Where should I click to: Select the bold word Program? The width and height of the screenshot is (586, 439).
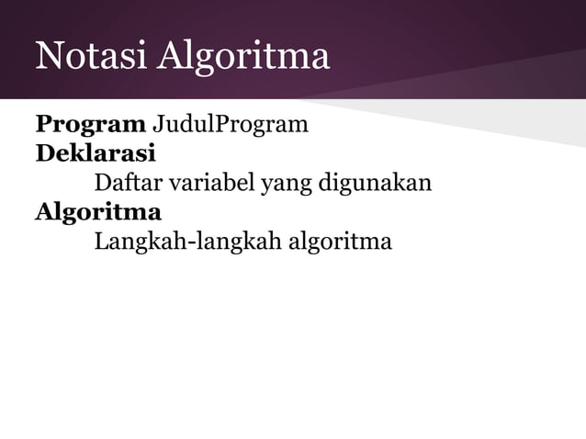(90, 124)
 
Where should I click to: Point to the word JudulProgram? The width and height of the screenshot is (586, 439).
(230, 124)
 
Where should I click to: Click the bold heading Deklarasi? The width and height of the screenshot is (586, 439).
(95, 153)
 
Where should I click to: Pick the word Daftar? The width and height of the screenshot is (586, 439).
(124, 183)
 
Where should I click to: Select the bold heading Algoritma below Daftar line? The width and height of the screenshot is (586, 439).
(98, 213)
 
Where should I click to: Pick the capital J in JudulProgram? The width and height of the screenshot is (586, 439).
(157, 124)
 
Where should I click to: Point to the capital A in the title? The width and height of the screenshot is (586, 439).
(170, 57)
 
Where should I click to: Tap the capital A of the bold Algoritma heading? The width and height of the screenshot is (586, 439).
(45, 212)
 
